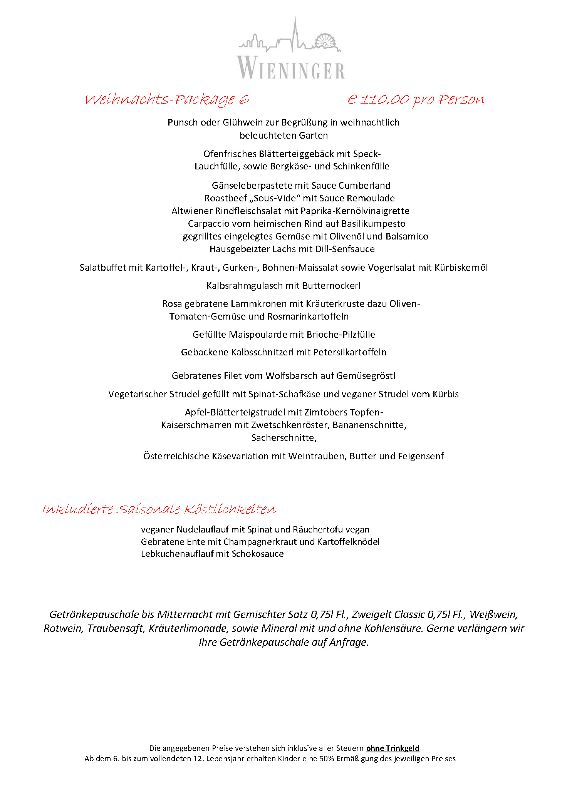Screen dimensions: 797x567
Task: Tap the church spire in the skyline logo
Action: point(295,33)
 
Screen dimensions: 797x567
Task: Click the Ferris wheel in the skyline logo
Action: point(326,42)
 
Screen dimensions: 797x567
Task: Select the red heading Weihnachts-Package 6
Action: point(166,100)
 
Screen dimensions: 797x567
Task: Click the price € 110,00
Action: point(378,100)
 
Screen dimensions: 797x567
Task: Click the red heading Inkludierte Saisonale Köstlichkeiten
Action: point(159,509)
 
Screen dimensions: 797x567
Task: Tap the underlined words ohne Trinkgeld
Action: point(393,748)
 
